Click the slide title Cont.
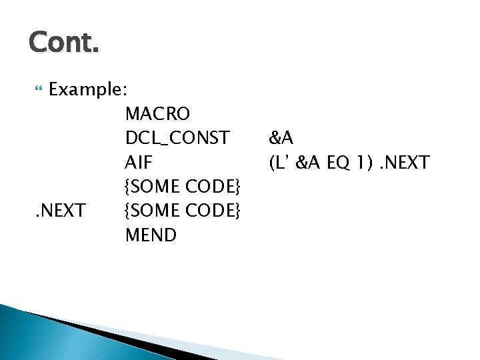click(64, 43)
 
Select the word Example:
click(89, 89)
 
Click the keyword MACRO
click(157, 114)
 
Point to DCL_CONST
click(177, 138)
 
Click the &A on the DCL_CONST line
click(281, 138)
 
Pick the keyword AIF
click(139, 162)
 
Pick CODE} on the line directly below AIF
click(213, 186)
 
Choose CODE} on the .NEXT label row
click(213, 211)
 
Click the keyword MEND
click(151, 235)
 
